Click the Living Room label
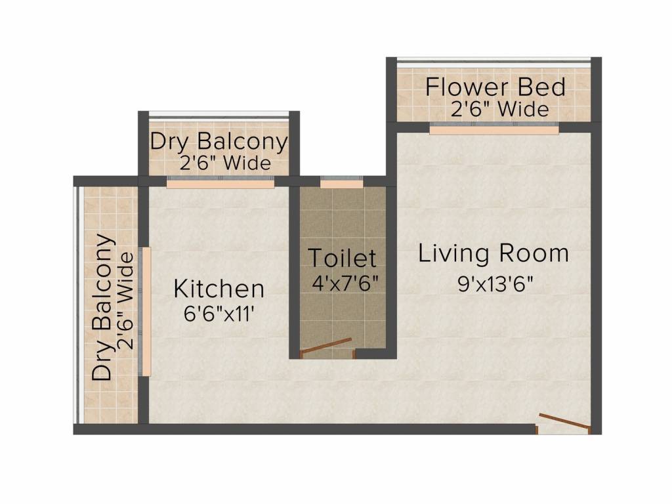coord(493,253)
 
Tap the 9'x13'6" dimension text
coord(495,283)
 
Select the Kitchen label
coord(219,289)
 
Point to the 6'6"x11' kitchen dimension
coord(219,314)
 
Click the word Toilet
coord(343,258)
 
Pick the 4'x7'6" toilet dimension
coord(345,283)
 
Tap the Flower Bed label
coord(495,87)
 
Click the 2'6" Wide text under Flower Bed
coord(499,109)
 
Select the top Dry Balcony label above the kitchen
coord(219,142)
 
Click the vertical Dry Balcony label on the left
coord(103,307)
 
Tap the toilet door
coord(327,346)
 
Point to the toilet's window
coord(341,182)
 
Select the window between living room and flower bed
coord(494,129)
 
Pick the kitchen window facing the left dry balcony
coord(145,312)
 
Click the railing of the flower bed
coord(494,60)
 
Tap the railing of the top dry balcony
coord(219,114)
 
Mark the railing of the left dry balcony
coord(77,304)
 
